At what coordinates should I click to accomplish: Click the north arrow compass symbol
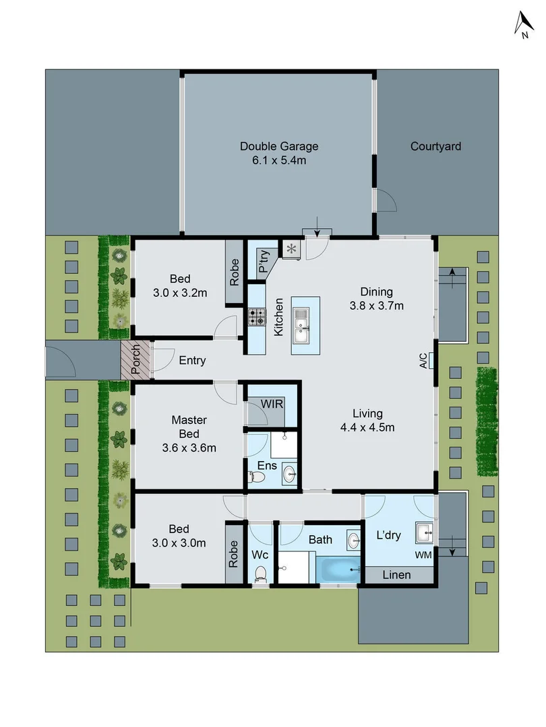(x=522, y=26)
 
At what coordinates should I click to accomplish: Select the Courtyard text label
(x=435, y=146)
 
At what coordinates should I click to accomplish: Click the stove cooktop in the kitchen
(x=257, y=317)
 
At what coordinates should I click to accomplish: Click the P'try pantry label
(x=264, y=262)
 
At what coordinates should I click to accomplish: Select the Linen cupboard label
(x=396, y=575)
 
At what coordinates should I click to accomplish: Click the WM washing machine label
(x=424, y=555)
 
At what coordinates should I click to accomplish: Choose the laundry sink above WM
(x=424, y=534)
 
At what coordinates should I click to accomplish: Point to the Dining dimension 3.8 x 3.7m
(x=376, y=306)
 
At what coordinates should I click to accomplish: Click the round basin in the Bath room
(x=355, y=539)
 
